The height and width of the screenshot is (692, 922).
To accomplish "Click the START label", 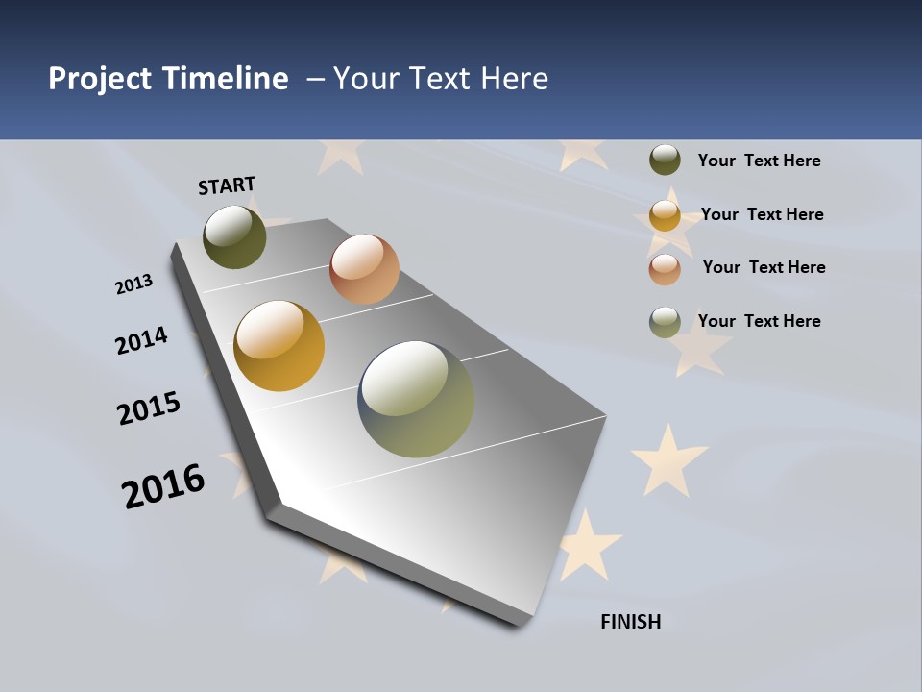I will point(227,185).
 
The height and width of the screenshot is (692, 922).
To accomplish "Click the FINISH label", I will point(630,622).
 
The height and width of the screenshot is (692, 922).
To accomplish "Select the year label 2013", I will point(133,284).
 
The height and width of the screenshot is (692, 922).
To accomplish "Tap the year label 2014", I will point(141,340).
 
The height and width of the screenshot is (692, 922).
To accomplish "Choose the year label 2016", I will point(163,486).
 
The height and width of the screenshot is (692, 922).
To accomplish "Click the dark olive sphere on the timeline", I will point(234,236).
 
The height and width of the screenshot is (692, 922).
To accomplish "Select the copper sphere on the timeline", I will point(364,269).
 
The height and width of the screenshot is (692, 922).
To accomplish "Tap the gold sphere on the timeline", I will point(279,346).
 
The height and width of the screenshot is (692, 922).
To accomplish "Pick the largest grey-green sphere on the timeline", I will point(416,399).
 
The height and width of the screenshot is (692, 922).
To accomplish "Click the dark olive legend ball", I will point(665,160).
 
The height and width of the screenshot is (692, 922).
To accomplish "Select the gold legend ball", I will point(665,215).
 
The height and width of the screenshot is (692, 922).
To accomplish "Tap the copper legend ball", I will point(665,269).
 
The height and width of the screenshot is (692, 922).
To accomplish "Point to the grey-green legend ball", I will point(665,322).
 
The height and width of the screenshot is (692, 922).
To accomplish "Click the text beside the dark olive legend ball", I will point(759,161).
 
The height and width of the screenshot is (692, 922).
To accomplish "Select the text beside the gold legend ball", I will point(762,214).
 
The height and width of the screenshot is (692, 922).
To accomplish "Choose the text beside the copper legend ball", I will point(764,267).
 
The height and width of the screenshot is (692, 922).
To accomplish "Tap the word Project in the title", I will point(100,79).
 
